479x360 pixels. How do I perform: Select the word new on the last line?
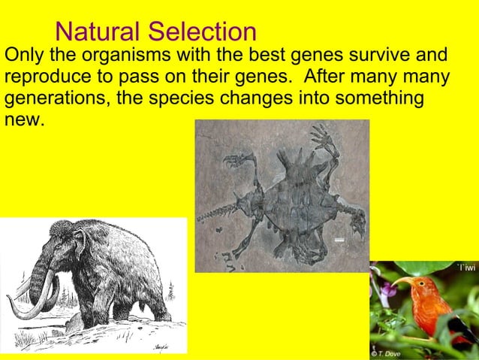[23, 120]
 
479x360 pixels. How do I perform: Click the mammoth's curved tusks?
[34, 301]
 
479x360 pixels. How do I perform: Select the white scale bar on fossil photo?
[339, 239]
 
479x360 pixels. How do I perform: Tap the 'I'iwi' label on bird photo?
[465, 268]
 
